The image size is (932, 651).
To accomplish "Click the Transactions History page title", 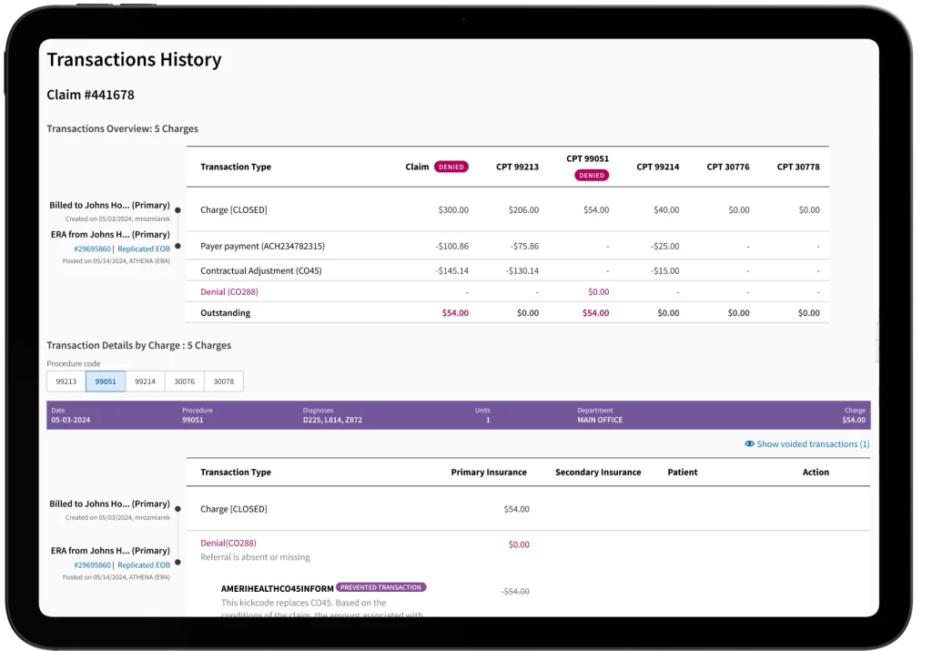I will tap(134, 60).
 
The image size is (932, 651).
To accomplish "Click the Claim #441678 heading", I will tap(91, 95).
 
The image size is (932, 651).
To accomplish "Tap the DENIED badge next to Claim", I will tap(451, 168).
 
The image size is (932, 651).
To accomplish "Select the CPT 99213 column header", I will tap(518, 168).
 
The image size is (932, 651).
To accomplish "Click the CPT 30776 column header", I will tap(728, 168).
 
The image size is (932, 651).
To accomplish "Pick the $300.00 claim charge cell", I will tap(452, 210).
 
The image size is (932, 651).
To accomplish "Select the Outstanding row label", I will tap(226, 313).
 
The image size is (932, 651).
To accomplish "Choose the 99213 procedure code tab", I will tap(66, 382).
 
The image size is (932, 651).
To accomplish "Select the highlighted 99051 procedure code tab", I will tap(106, 382).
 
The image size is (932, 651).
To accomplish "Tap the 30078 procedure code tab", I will tap(223, 382).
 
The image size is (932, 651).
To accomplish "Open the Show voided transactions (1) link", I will tap(813, 444).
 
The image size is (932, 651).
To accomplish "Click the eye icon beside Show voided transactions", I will tap(749, 444).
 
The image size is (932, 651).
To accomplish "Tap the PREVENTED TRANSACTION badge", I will tap(380, 587).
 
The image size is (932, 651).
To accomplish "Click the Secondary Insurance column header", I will tap(598, 473).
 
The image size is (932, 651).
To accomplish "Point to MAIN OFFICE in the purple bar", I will tap(601, 420).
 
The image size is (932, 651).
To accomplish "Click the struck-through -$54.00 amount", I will tap(515, 591).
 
